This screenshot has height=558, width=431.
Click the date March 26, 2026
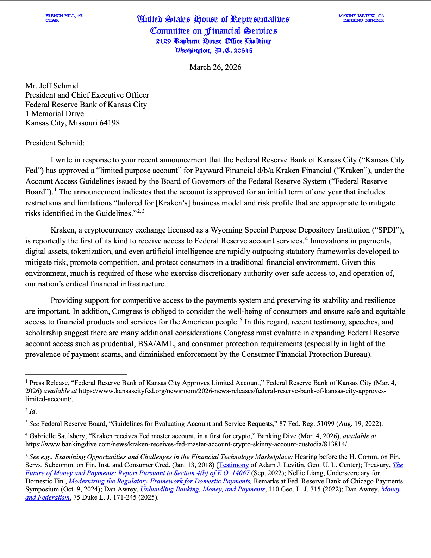point(215,67)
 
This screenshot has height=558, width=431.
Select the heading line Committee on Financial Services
point(214,31)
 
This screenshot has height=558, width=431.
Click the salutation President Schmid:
point(55,143)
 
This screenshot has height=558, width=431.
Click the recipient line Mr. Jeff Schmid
point(52,86)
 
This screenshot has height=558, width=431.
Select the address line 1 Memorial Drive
point(55,114)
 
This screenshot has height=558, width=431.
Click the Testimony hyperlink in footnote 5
point(234,465)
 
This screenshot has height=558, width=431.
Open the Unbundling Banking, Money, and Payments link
point(202,489)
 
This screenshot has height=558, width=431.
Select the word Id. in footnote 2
point(33,411)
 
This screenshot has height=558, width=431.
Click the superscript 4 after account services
point(306,239)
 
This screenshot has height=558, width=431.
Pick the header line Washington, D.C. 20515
point(214,51)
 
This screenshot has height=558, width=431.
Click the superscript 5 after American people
point(241,320)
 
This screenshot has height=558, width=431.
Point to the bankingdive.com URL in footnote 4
point(187,444)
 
